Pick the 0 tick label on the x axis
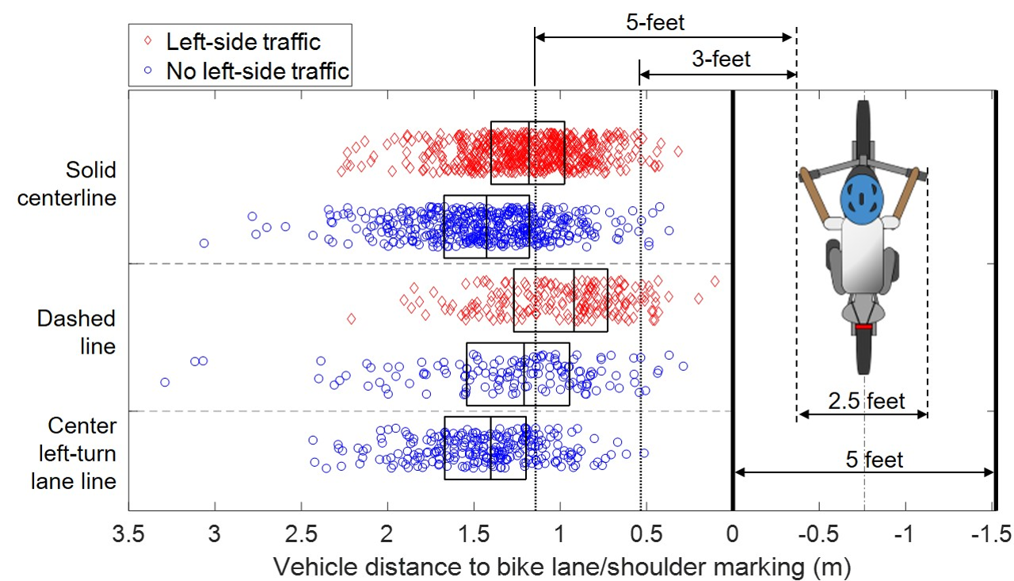coord(733,533)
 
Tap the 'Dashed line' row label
coord(76,332)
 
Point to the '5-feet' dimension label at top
coord(654,21)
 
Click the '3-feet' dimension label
coord(719,58)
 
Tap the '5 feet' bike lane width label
coord(871,459)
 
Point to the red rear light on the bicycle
coord(863,327)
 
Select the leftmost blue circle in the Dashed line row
coord(165,382)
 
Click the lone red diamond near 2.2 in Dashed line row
coord(351,319)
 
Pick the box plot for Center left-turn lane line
coord(486,448)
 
